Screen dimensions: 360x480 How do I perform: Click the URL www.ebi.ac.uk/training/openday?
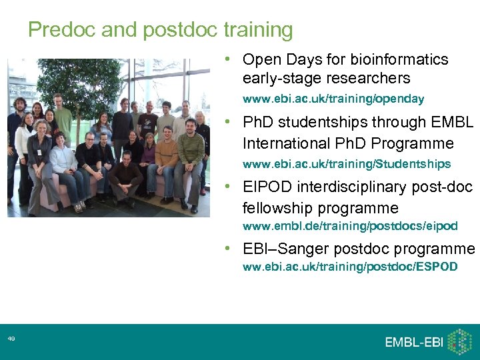(333, 99)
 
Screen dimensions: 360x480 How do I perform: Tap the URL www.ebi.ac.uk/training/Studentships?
(346, 164)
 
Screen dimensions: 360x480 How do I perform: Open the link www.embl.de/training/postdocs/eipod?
(349, 227)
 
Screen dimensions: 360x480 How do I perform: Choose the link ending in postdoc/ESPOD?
(349, 267)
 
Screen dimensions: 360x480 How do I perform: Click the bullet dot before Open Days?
(228, 59)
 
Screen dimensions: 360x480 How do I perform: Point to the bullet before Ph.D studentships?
(228, 123)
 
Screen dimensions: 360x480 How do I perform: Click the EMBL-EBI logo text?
(413, 342)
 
